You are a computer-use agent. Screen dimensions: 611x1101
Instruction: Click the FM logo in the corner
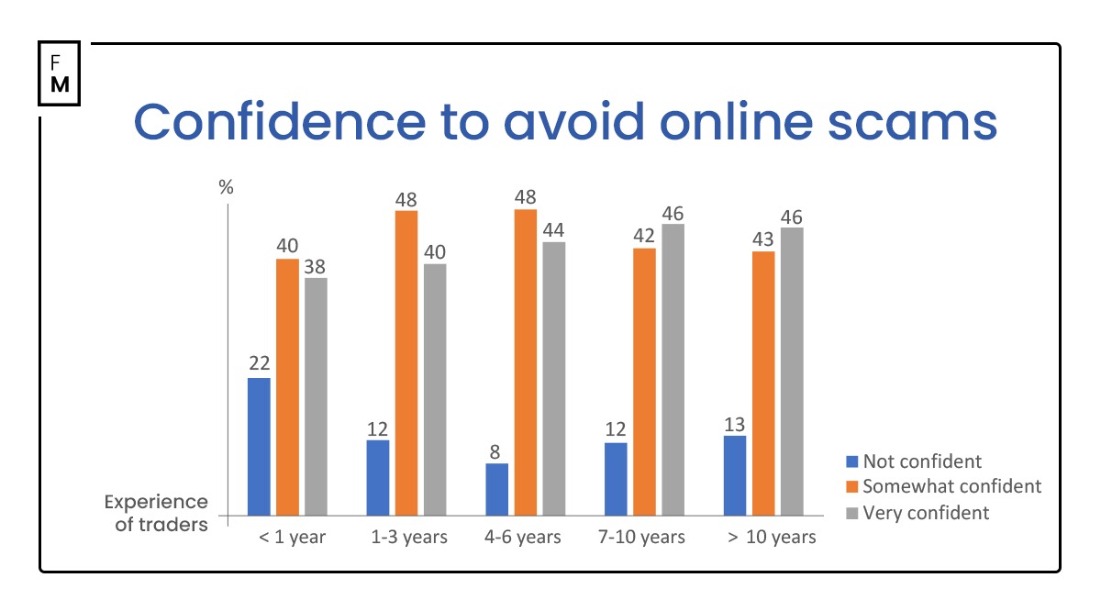coord(60,72)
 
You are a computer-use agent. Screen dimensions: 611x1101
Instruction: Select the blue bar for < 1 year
coord(260,446)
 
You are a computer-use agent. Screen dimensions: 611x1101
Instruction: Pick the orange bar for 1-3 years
coord(406,362)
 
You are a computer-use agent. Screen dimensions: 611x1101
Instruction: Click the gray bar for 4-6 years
coord(554,378)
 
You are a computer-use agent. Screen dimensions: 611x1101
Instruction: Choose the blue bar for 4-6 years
coord(496,489)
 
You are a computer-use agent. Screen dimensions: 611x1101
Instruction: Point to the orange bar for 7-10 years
coord(645,381)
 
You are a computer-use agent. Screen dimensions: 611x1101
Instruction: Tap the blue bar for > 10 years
coord(735,475)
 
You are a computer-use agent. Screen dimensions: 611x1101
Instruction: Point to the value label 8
coord(496,450)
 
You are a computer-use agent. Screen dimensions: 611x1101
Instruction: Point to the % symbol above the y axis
coord(226,187)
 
